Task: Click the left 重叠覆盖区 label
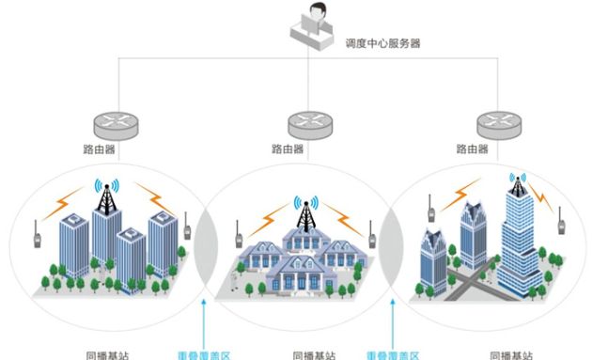pos(206,354)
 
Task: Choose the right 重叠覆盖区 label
pos(393,354)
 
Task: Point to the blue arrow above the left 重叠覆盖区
pos(206,320)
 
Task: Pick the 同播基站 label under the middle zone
pos(310,354)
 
